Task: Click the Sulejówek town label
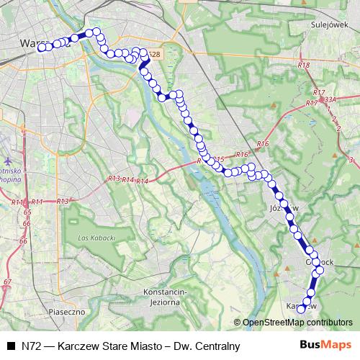pyautogui.click(x=323, y=23)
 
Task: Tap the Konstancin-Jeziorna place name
pyautogui.click(x=165, y=296)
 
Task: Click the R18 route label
pyautogui.click(x=303, y=66)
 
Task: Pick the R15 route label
pyautogui.click(x=219, y=159)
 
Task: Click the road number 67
pyautogui.click(x=7, y=282)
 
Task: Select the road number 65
pyautogui.click(x=27, y=213)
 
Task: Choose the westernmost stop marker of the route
pyautogui.click(x=41, y=48)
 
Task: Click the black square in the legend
pyautogui.click(x=10, y=346)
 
